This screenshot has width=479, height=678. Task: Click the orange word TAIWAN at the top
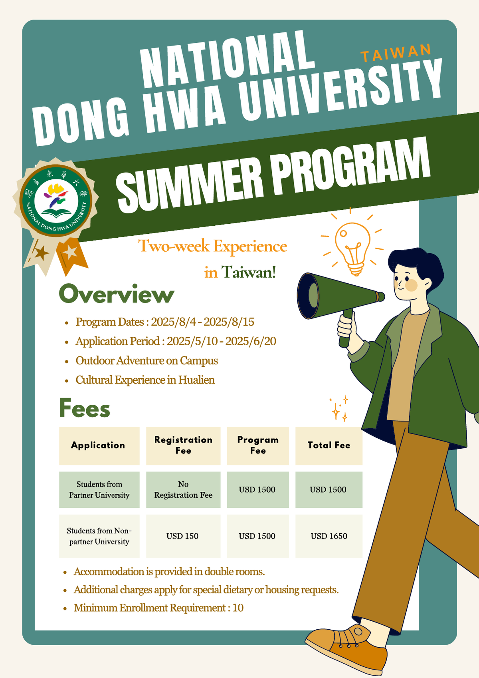click(x=396, y=53)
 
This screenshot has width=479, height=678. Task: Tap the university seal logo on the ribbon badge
click(x=55, y=201)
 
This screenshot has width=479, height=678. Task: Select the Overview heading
click(x=117, y=294)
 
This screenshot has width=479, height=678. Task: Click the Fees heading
click(x=84, y=408)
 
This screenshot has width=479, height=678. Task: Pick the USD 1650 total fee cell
click(x=329, y=536)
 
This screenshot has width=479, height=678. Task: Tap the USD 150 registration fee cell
click(x=183, y=536)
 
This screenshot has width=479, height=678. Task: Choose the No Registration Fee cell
click(x=183, y=489)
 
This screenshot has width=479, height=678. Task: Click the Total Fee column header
click(x=329, y=445)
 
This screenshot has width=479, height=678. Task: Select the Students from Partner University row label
click(x=99, y=489)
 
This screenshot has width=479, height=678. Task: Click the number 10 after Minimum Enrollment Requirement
click(x=238, y=608)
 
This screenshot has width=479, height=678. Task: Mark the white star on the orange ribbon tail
click(x=70, y=252)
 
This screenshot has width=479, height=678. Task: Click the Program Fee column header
click(x=258, y=445)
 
